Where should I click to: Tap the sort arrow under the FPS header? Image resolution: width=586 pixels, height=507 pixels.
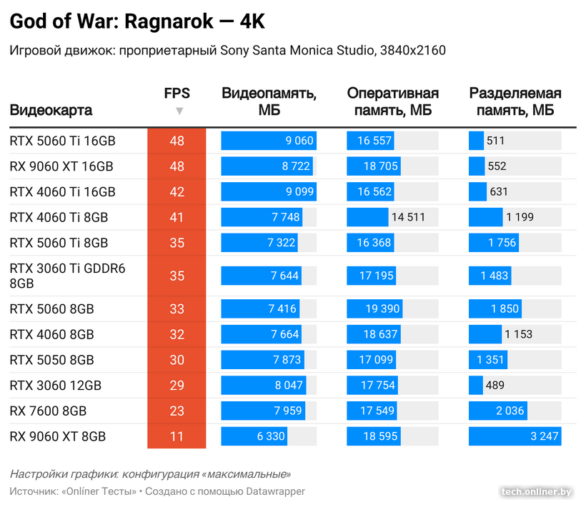[x=179, y=111]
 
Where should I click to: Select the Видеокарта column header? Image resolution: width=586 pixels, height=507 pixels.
[x=51, y=111]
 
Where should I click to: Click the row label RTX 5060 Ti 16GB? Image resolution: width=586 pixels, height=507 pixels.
[x=62, y=141]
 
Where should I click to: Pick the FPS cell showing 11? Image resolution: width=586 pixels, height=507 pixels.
[x=177, y=436]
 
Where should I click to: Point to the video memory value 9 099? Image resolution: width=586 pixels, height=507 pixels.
[x=299, y=192]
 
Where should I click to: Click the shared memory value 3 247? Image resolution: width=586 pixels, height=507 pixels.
[x=544, y=436]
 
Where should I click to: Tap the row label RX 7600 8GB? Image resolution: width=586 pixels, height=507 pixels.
[x=48, y=411]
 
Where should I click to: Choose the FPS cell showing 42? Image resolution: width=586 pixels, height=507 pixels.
[x=177, y=192]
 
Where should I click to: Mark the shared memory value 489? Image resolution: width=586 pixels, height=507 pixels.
[x=495, y=386]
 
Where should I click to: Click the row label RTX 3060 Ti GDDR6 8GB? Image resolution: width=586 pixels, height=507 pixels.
[x=67, y=276]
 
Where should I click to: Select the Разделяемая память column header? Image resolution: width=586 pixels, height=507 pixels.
[x=515, y=101]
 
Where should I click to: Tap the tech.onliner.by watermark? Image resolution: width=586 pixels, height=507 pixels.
[x=537, y=491]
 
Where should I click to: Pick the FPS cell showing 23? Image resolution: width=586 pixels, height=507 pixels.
[x=177, y=411]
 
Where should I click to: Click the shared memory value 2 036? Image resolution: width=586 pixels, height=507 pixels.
[x=508, y=411]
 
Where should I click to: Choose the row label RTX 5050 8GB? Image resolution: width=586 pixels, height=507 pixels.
[x=51, y=360]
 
